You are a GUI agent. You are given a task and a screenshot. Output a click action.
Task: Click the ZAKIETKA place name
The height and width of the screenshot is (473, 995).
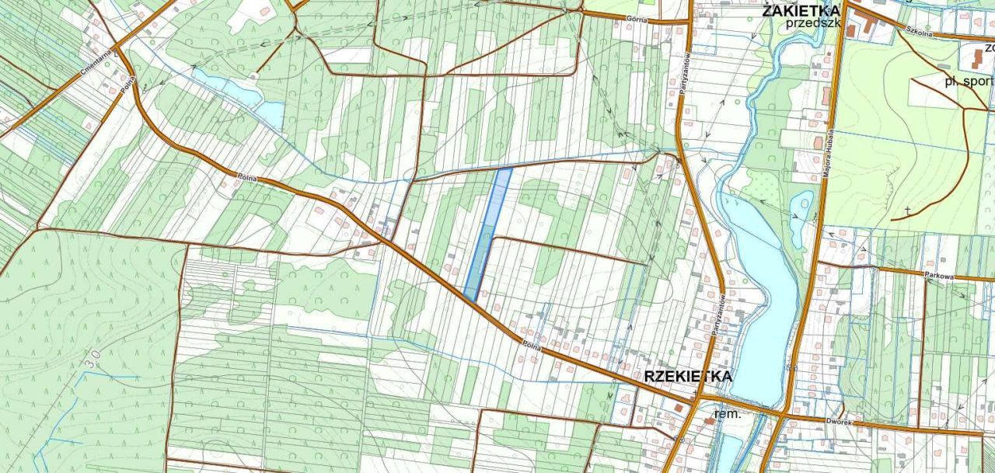point(801,10)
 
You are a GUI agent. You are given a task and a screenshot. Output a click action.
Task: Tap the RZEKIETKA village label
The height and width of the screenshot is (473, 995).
point(688,377)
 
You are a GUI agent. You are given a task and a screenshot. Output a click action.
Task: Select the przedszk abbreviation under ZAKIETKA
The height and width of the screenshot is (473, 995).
point(813,23)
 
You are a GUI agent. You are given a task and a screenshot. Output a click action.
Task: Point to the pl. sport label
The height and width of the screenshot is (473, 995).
point(969,81)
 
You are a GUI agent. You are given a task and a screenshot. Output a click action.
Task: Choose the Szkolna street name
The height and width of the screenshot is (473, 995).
point(918,30)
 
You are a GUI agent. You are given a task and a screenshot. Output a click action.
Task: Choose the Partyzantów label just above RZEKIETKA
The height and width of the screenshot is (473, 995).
point(719,315)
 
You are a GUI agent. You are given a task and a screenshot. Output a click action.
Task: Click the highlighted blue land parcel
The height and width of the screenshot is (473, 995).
point(488,233)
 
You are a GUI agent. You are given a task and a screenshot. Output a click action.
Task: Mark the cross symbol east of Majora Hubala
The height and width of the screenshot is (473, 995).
point(907,210)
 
